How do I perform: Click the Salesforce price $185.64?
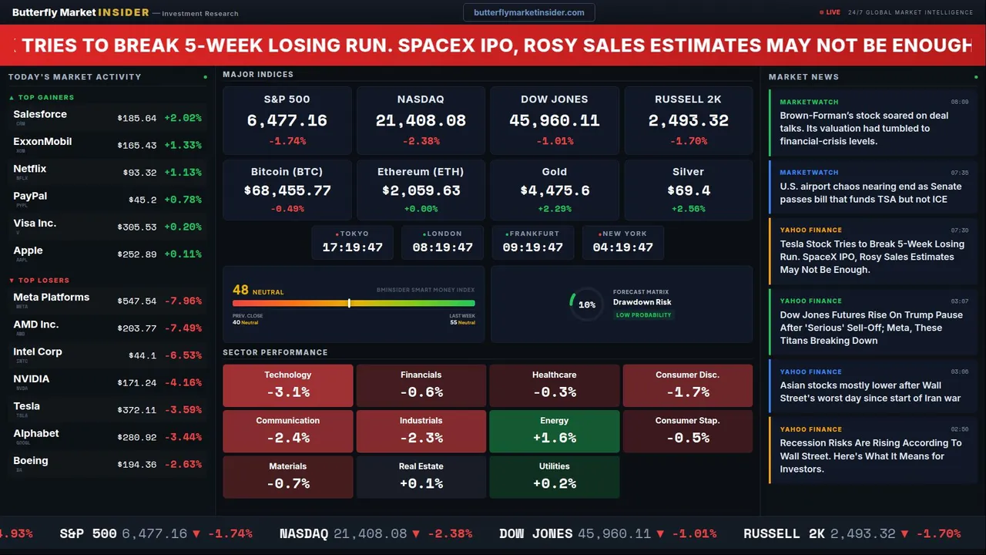click(137, 119)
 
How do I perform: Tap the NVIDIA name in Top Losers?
click(32, 379)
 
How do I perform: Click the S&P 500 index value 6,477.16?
click(287, 121)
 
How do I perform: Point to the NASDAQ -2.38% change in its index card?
click(421, 142)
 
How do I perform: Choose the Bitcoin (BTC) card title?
click(287, 172)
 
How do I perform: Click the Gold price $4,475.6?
click(555, 190)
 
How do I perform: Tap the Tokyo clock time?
click(352, 247)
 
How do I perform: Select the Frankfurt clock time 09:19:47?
click(532, 247)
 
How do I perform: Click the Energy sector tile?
click(555, 431)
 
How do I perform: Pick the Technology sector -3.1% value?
click(288, 392)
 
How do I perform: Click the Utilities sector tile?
click(555, 476)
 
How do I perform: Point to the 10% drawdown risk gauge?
click(586, 304)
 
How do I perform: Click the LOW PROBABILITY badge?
click(643, 315)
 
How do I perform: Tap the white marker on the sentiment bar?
click(349, 303)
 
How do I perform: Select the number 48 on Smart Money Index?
click(240, 291)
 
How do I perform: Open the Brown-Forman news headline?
click(864, 128)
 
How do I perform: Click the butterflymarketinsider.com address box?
click(528, 12)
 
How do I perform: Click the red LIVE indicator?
click(830, 12)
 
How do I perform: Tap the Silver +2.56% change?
click(688, 209)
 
